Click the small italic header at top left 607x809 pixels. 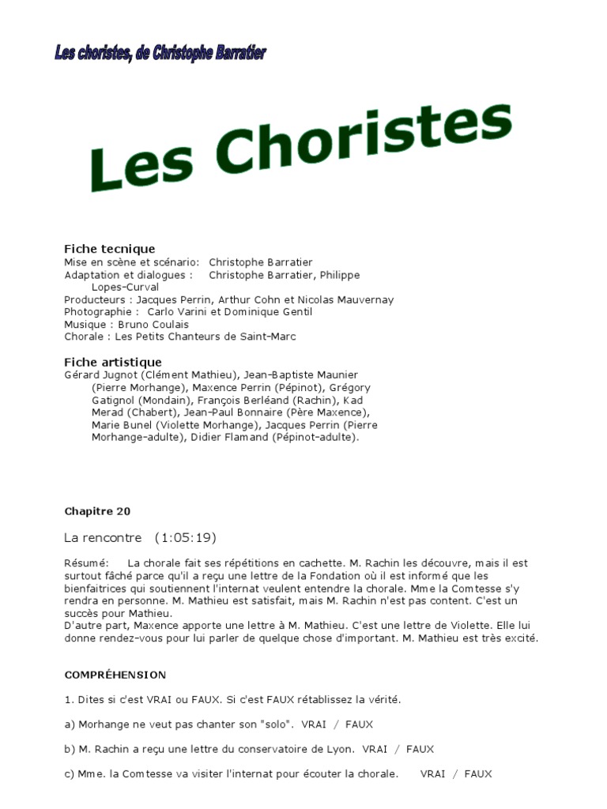pyautogui.click(x=160, y=54)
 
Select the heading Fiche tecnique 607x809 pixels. pyautogui.click(x=109, y=249)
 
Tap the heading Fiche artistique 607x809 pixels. pyautogui.click(x=112, y=362)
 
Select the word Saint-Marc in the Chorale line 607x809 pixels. pyautogui.click(x=269, y=337)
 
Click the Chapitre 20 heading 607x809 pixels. pyautogui.click(x=90, y=511)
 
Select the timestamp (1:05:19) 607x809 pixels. pyautogui.click(x=185, y=538)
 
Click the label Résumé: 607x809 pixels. pyautogui.click(x=85, y=563)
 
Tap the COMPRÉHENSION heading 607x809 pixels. pyautogui.click(x=115, y=675)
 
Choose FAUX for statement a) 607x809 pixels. pyautogui.click(x=357, y=724)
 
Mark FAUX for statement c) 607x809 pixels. pyautogui.click(x=478, y=773)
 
